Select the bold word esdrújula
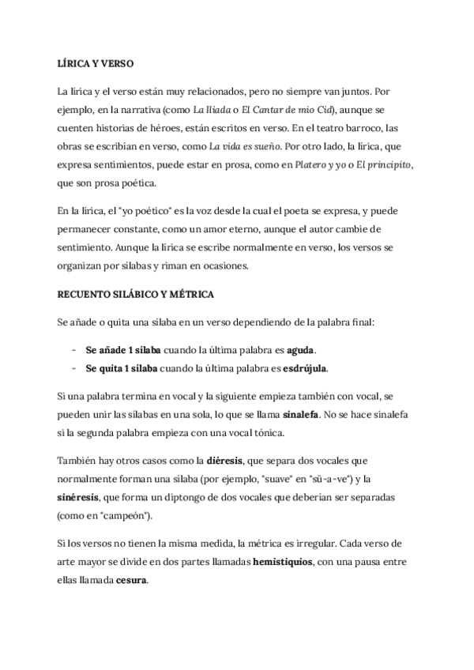[x=303, y=368]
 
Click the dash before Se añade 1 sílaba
[x=73, y=349]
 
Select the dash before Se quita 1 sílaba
[x=73, y=368]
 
